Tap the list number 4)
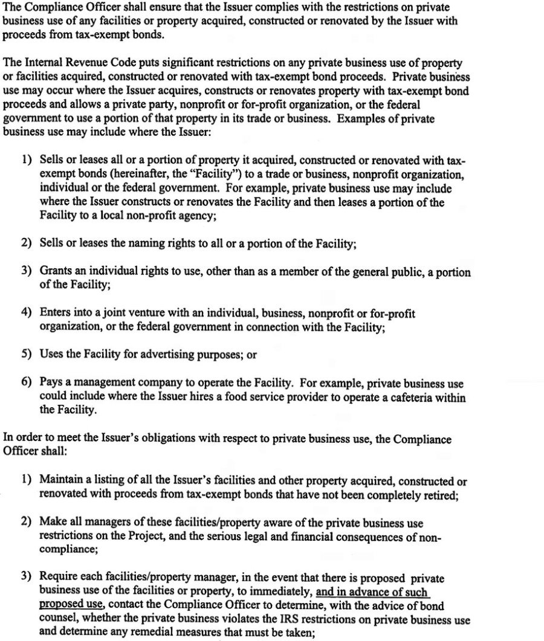26,313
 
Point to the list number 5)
26,355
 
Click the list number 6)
26,383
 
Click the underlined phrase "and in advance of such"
372,592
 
